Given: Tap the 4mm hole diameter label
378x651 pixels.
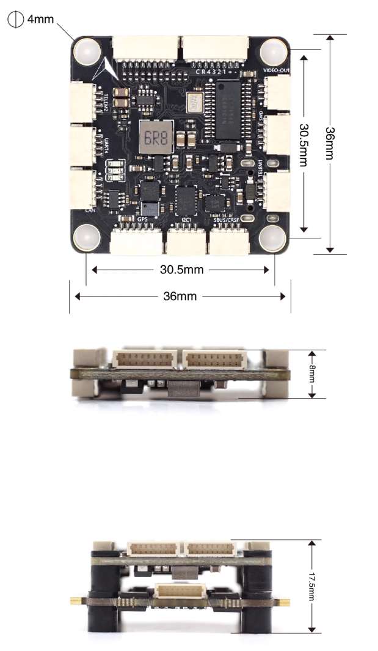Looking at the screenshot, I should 41,19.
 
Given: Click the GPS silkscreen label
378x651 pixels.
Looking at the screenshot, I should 143,219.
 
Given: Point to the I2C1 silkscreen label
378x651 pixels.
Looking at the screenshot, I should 187,219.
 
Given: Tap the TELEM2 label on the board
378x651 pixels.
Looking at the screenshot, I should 106,102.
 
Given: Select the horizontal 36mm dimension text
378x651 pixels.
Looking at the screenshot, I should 180,296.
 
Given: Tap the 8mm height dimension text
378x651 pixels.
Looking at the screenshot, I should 311,374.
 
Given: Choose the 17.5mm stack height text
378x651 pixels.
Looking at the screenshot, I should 311,586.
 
